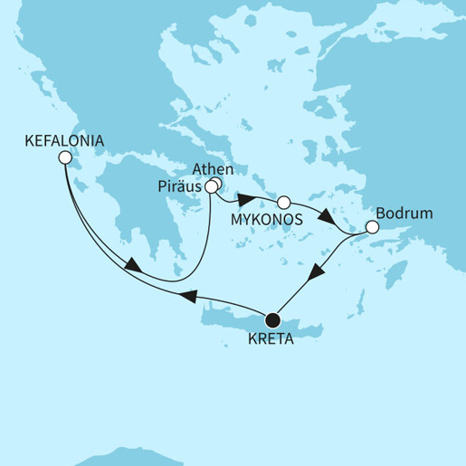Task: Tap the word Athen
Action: [214, 168]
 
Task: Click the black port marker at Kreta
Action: [271, 319]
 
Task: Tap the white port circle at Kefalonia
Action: [64, 157]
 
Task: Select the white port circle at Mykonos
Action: [283, 202]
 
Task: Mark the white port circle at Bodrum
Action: [370, 228]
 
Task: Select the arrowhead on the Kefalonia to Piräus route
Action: [132, 267]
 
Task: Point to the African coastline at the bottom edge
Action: [127, 457]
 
